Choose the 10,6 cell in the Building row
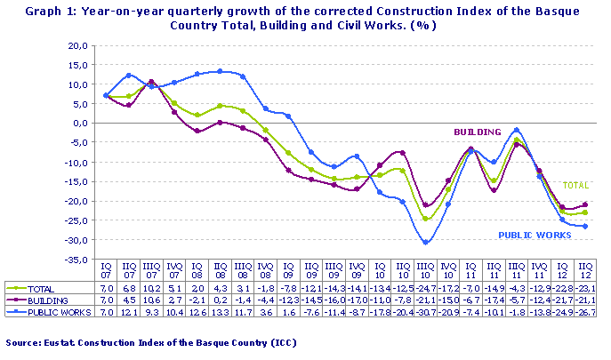tap(153, 301)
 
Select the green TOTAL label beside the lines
tap(576, 186)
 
